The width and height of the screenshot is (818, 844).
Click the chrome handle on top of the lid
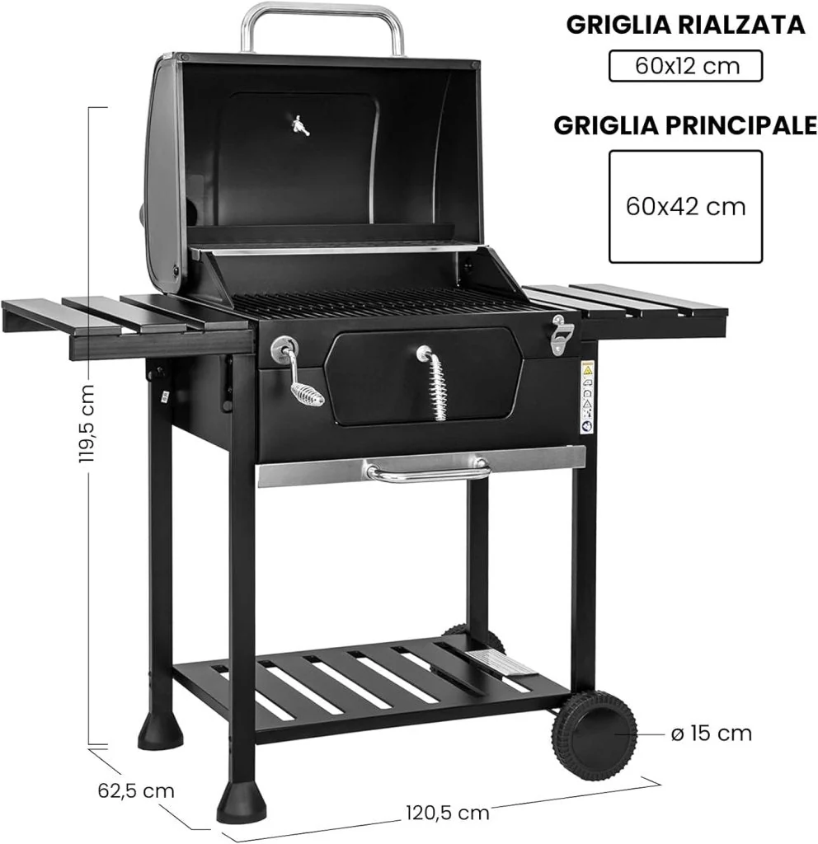click(x=322, y=12)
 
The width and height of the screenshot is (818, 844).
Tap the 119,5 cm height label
click(x=85, y=424)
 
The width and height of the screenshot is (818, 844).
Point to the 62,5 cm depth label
click(x=136, y=790)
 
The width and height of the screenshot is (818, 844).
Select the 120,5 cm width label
click(x=448, y=812)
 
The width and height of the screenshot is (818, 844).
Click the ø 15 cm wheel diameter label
click(x=711, y=733)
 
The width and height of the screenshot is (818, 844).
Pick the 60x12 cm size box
click(x=685, y=66)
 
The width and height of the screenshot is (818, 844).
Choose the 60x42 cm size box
click(x=685, y=207)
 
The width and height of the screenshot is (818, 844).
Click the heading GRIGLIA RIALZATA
click(x=685, y=25)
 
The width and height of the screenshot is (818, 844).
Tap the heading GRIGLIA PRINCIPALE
click(x=685, y=125)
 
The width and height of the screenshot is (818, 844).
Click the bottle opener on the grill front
click(x=562, y=334)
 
